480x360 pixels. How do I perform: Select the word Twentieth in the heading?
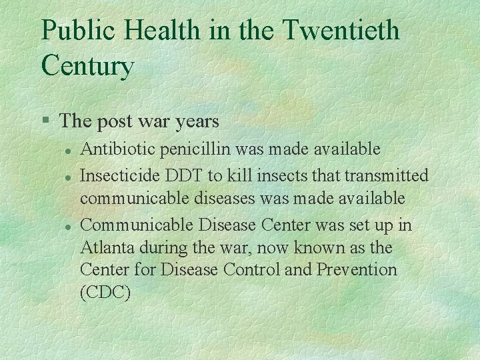[341, 31]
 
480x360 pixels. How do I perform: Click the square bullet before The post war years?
[45, 121]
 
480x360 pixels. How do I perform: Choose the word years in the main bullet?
[195, 122]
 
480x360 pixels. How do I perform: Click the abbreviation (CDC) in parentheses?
[104, 293]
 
